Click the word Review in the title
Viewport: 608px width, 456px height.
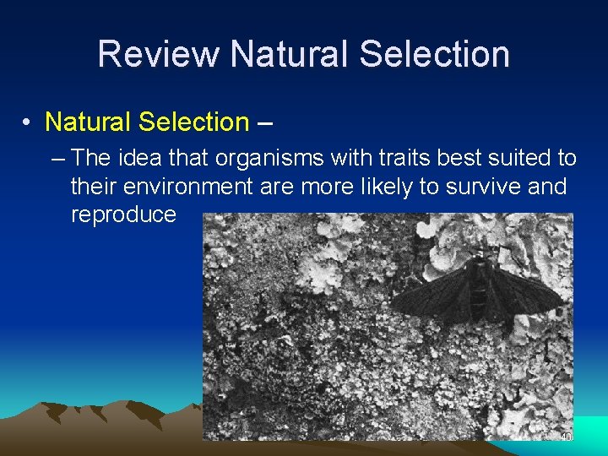[x=158, y=54]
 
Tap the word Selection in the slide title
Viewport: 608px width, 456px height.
[x=434, y=54]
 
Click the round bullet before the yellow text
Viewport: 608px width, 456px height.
[x=28, y=122]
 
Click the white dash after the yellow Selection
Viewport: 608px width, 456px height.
[x=264, y=122]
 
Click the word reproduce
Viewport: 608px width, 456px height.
[x=123, y=214]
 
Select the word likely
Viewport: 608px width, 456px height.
[x=383, y=186]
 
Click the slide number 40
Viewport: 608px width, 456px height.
[x=566, y=437]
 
